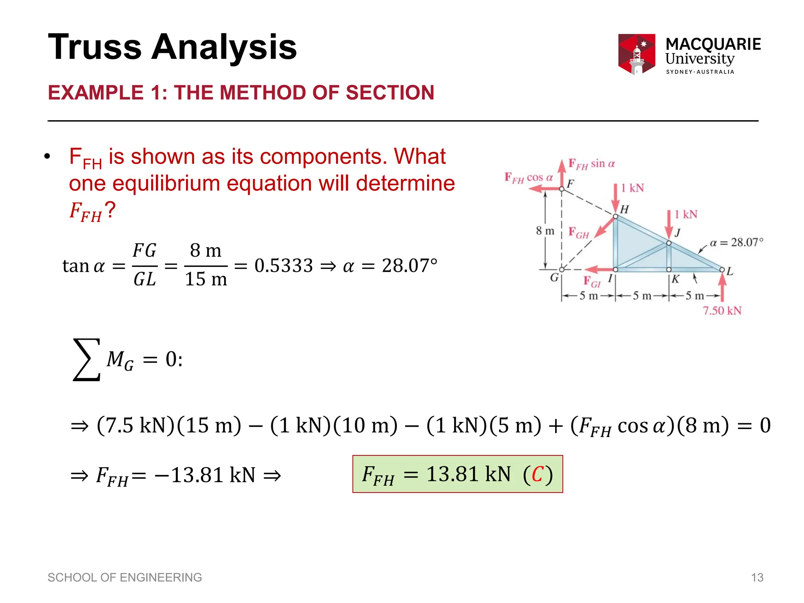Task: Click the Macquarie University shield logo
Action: point(636,54)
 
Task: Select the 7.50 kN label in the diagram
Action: point(722,311)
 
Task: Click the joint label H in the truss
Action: point(624,209)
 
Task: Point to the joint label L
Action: point(729,271)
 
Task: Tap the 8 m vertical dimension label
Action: point(545,230)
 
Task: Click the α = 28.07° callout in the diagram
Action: point(736,242)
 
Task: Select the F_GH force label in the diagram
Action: point(579,232)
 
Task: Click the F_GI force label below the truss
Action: point(592,282)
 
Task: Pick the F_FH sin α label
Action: point(591,164)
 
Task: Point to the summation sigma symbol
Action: point(87,359)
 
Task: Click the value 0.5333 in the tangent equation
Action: point(283,266)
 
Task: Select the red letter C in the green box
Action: point(537,474)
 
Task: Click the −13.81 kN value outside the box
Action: point(205,475)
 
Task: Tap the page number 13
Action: point(757,577)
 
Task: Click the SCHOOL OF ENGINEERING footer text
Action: point(124,577)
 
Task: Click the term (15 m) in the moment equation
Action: point(209,425)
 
